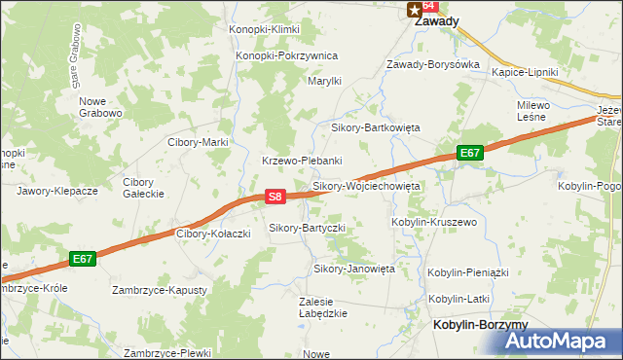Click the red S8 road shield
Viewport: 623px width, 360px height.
click(275, 197)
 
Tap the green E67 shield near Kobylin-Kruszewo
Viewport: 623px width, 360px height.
click(470, 153)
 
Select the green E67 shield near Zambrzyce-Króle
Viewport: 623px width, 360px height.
click(83, 259)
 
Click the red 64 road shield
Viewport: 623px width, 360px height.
click(427, 5)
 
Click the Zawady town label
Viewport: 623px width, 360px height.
click(437, 20)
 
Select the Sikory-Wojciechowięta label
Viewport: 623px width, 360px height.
click(366, 185)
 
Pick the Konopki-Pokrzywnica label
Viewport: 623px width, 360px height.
click(286, 55)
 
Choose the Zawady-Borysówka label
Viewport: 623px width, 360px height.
click(433, 64)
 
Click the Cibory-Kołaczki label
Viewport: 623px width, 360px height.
click(213, 234)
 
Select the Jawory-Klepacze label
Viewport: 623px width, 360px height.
click(57, 191)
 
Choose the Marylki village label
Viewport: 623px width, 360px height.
click(324, 82)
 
